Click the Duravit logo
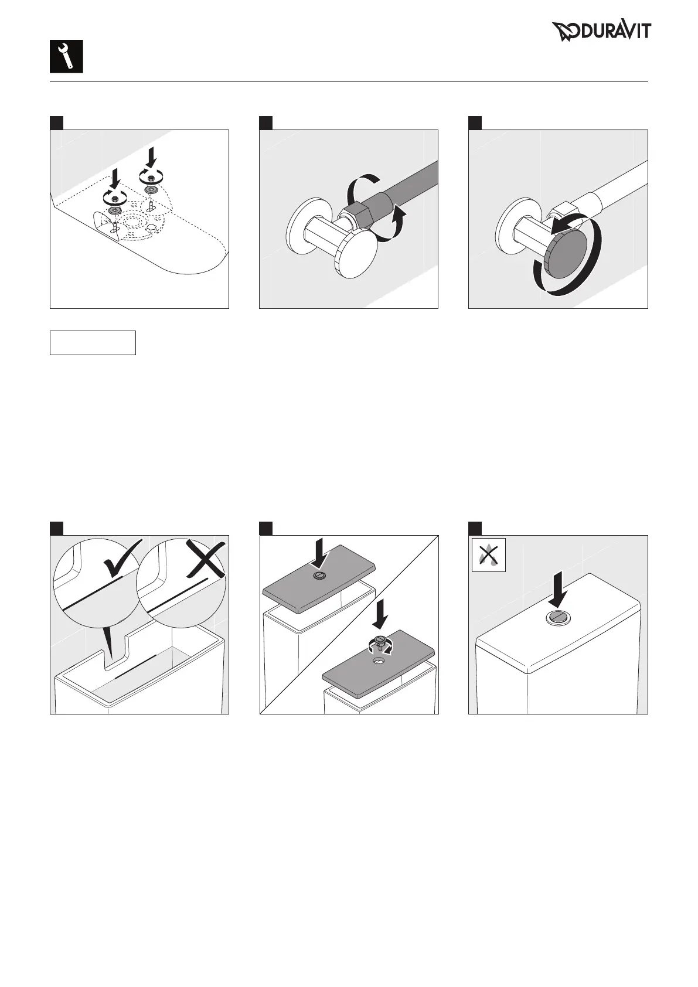601,32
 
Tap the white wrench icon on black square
66,56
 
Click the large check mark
122,559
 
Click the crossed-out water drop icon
488,554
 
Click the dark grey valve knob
567,255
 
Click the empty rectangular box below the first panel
93,343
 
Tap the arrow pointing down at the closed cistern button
559,589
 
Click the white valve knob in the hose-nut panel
356,256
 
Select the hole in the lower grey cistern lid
379,661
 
